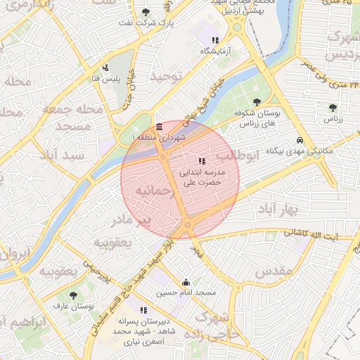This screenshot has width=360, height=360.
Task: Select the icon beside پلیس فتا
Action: [x=105, y=68]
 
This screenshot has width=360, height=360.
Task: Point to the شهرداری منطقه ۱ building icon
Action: [x=160, y=127]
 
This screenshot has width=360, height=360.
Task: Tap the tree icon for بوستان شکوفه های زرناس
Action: [x=256, y=102]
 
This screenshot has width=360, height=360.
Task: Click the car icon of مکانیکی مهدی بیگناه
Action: [x=300, y=140]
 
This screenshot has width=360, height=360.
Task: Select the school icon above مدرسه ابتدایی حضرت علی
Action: [x=202, y=161]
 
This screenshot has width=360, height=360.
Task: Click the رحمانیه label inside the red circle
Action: [x=153, y=191]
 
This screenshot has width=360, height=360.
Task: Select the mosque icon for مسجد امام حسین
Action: [x=186, y=282]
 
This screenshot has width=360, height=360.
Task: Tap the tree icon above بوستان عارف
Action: [x=73, y=295]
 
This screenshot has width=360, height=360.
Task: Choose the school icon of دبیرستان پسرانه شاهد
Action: [x=144, y=310]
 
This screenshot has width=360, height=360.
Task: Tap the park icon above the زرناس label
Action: [x=333, y=108]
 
